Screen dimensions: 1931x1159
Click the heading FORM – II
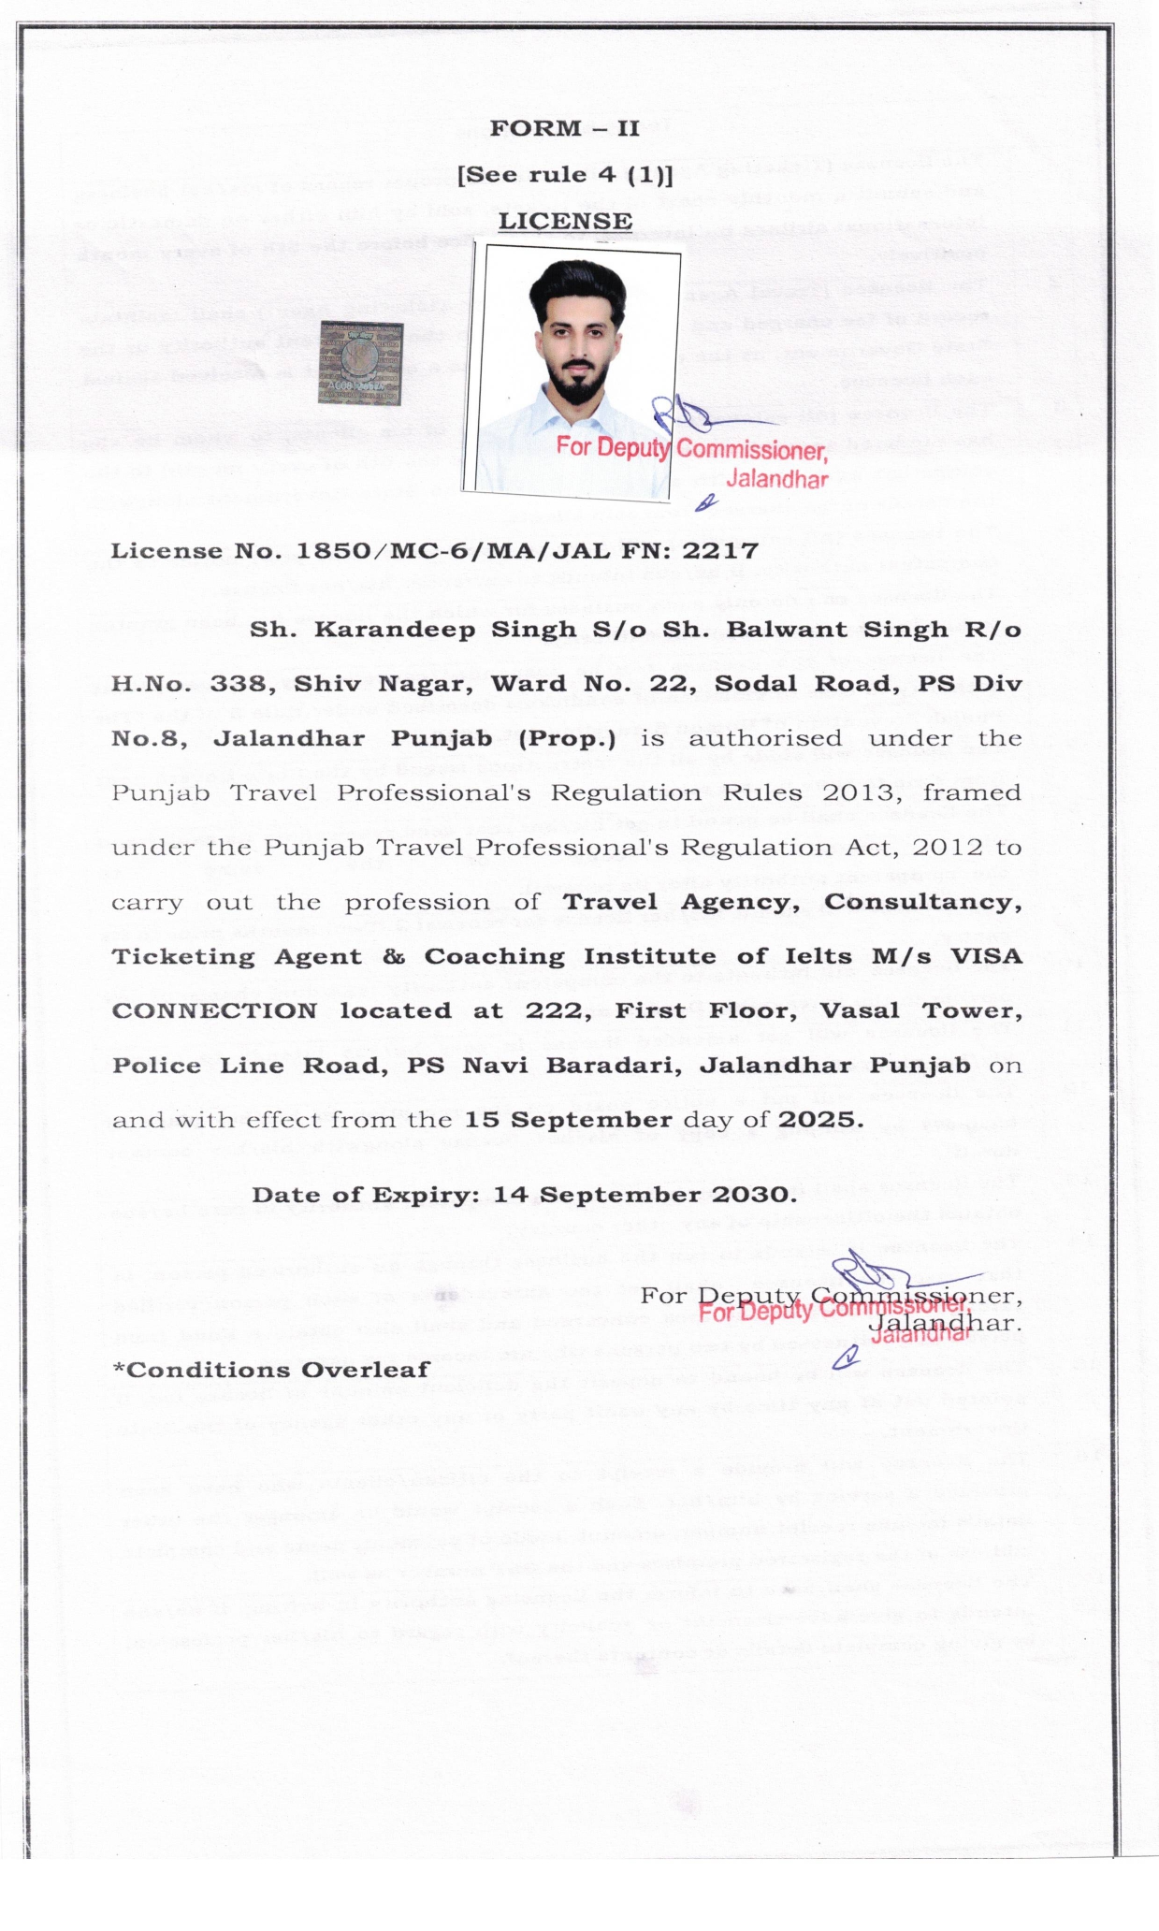coord(564,128)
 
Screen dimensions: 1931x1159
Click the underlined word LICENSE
coord(565,221)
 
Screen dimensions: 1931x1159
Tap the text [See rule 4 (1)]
coord(564,175)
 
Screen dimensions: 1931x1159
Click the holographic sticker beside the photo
coord(361,363)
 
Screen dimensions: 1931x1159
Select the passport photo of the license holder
coord(572,370)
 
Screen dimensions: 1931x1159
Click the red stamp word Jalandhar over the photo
coord(777,480)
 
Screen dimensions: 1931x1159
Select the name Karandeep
coord(394,630)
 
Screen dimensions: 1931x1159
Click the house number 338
coord(241,684)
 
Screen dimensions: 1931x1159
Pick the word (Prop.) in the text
coord(567,738)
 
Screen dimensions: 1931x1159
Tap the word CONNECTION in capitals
coord(214,1011)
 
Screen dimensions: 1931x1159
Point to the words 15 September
coord(569,1120)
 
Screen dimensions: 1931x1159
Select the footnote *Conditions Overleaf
coord(271,1370)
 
